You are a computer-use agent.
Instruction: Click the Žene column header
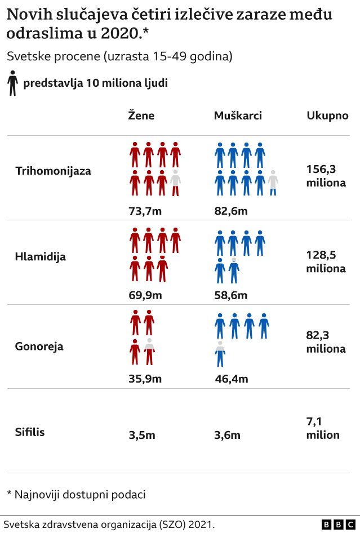(141, 116)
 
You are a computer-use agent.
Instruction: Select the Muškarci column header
(238, 116)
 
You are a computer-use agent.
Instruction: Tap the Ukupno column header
(327, 116)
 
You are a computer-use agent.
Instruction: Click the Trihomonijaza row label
(53, 170)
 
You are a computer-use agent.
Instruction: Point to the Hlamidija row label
(40, 256)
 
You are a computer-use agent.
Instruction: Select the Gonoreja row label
(39, 346)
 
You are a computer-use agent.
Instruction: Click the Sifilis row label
(30, 433)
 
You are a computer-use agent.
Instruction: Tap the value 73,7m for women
(145, 211)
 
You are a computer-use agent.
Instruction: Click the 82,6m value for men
(231, 211)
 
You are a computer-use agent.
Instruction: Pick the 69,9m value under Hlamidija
(145, 295)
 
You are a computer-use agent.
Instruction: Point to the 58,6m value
(231, 295)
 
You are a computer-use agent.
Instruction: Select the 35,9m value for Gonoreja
(145, 379)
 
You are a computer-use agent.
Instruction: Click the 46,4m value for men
(232, 379)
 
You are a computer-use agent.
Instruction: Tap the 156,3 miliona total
(326, 175)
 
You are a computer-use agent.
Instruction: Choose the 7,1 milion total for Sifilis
(323, 428)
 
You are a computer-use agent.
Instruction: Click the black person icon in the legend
(12, 83)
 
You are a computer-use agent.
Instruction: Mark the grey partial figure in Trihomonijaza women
(175, 183)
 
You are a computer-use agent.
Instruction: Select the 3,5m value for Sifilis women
(142, 435)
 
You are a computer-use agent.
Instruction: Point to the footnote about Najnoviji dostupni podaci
(76, 495)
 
